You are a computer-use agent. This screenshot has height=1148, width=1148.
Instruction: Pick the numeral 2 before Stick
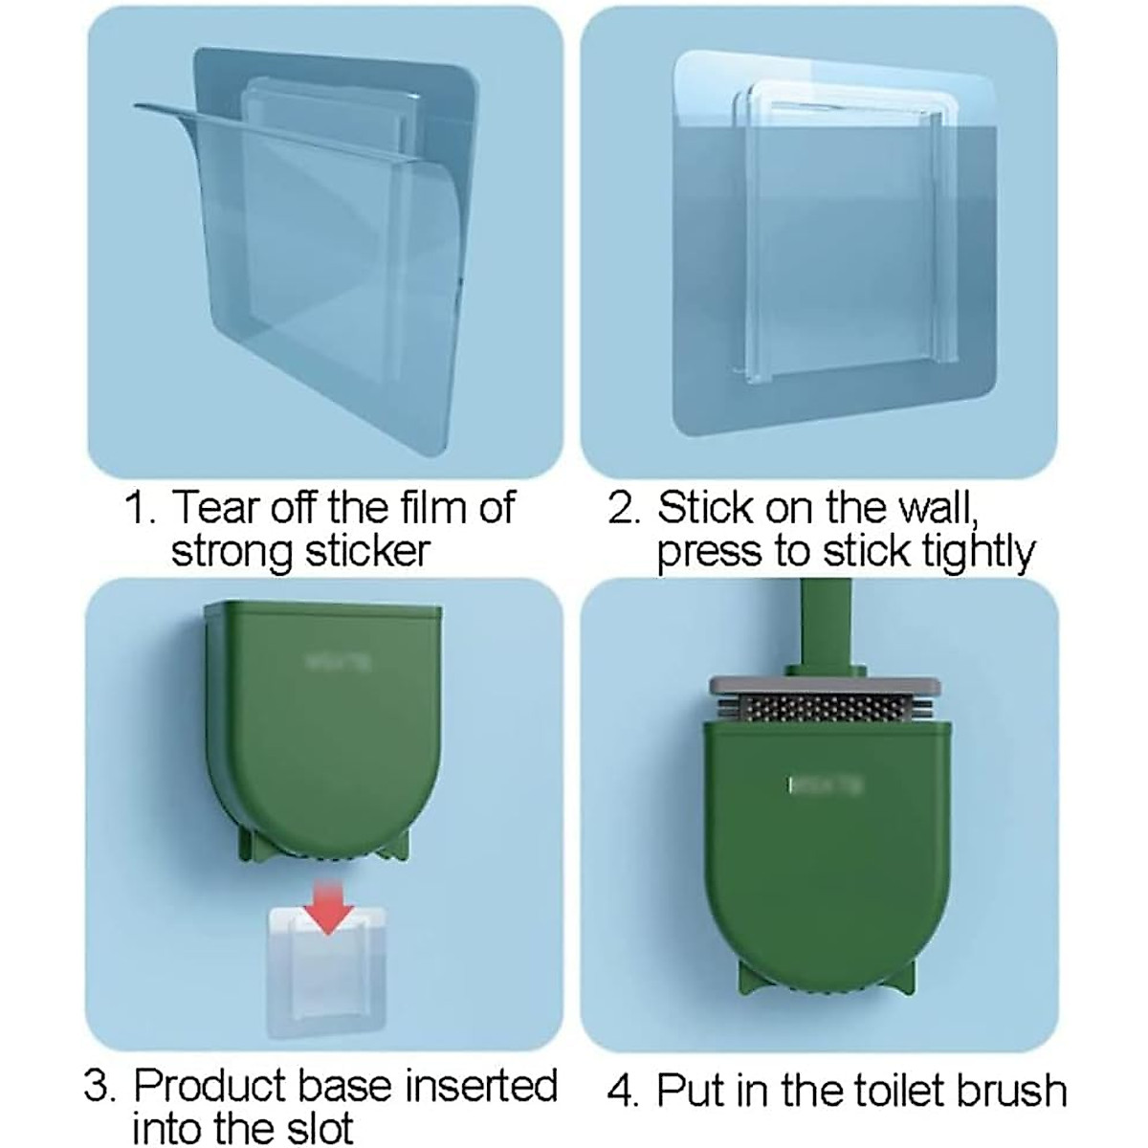click(x=625, y=508)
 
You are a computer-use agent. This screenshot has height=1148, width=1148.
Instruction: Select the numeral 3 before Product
click(x=99, y=1088)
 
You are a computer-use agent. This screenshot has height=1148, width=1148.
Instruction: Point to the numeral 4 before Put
click(x=623, y=1092)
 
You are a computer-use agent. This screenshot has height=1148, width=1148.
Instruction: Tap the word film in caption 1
click(x=425, y=507)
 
